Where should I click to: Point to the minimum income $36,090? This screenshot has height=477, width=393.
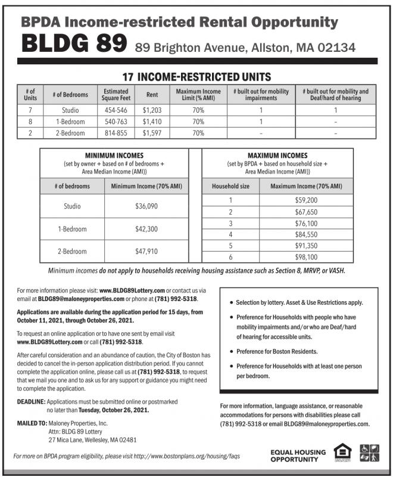pos(146,206)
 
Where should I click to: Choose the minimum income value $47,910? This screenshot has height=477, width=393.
pos(146,251)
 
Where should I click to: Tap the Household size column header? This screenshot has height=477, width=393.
pos(230,186)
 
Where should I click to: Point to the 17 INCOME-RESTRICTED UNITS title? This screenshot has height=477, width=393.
pos(196,78)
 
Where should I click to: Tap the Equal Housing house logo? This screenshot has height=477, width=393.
pos(341,453)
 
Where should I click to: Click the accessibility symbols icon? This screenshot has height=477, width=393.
pos(370,453)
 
